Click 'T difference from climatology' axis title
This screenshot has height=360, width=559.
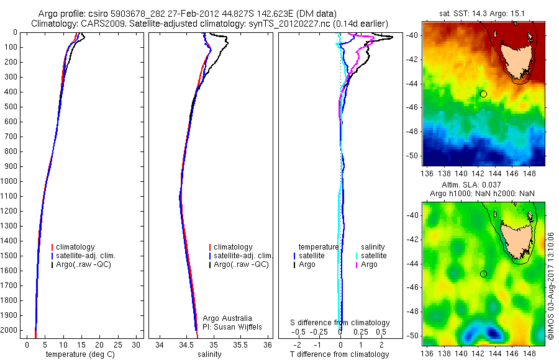pyautogui.click(x=340, y=354)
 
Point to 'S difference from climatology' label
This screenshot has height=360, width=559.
pyautogui.click(x=340, y=323)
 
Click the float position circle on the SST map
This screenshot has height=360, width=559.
pyautogui.click(x=483, y=94)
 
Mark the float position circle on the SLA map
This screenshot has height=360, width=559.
pyautogui.click(x=483, y=274)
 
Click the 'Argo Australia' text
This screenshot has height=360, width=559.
pyautogui.click(x=228, y=318)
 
